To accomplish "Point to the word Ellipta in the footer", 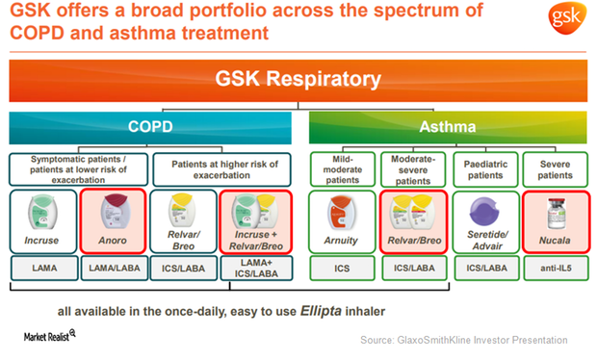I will [353, 312].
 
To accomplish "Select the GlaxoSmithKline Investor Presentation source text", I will [463, 340].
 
